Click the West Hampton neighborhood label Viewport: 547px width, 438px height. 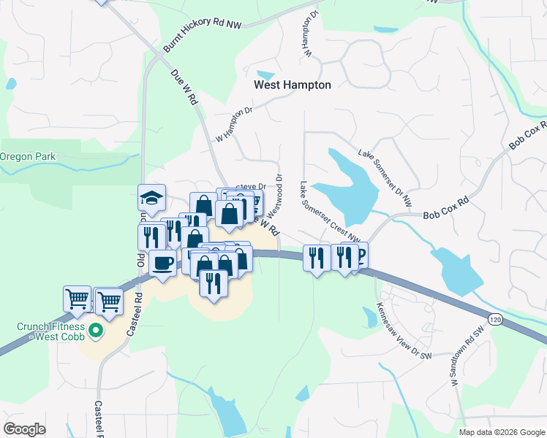coord(292,85)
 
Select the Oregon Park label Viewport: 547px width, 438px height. coord(27,156)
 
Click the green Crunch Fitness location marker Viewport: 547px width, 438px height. coord(94,332)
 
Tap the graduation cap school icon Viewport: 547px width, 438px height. coord(152,198)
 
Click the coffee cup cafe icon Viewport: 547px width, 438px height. coord(162,262)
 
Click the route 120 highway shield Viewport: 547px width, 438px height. coord(495,319)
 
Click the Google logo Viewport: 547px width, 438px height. coord(24,429)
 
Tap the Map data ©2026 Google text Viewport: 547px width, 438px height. coord(501,432)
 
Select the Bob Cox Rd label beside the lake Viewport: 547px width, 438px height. coord(445,208)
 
